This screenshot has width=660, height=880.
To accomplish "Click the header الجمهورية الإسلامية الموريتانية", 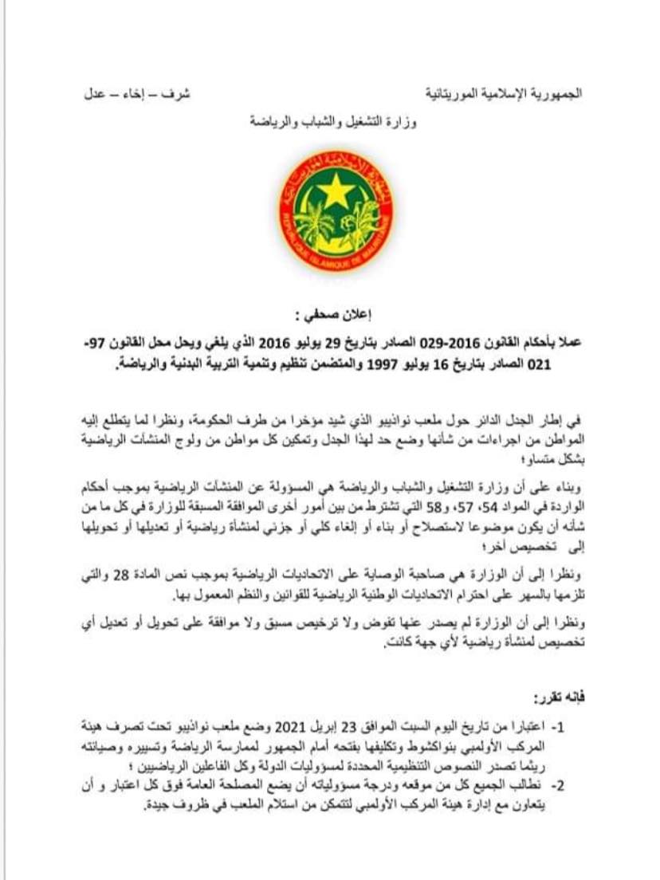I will point(490,93).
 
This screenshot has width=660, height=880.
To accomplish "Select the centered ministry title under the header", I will point(331,124).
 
